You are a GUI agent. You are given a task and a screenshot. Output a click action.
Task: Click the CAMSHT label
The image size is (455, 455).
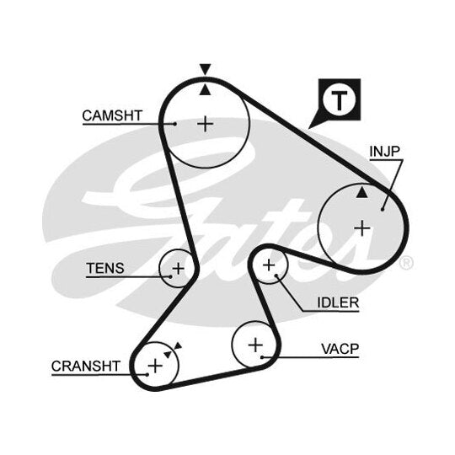point(112,115)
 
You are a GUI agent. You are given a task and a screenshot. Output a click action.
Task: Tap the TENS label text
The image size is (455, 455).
point(105,268)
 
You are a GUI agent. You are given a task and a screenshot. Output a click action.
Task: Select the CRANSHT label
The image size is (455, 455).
point(86,366)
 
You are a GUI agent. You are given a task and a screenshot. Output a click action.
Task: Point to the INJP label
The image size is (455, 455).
point(385,151)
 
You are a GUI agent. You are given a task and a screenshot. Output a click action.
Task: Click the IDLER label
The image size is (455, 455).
point(338,302)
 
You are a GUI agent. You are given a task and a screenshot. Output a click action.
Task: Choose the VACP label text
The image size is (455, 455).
point(340,349)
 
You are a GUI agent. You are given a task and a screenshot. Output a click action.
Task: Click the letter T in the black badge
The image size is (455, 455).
point(340,100)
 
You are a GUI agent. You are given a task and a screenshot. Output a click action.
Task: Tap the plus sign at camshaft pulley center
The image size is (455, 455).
point(206,124)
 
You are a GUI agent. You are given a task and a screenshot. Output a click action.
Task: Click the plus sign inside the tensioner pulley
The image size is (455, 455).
point(178,269)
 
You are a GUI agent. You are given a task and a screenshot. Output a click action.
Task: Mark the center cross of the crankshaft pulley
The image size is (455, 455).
point(155,366)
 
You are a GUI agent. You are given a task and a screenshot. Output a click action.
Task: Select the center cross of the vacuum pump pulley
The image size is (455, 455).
point(255,345)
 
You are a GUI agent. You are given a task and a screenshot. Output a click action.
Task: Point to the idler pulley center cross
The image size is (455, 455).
point(269,265)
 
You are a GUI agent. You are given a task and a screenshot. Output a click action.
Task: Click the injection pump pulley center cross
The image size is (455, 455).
point(362,228)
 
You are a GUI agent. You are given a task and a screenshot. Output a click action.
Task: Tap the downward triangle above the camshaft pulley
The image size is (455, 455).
point(205,69)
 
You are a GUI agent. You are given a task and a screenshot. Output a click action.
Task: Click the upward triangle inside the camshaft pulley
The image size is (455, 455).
point(205,89)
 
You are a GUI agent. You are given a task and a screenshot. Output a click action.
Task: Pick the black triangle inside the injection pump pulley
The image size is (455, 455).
point(361,192)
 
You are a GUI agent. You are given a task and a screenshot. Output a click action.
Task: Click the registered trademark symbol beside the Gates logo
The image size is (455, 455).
point(406,262)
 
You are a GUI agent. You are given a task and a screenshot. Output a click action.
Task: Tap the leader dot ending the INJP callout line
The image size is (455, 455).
point(383,209)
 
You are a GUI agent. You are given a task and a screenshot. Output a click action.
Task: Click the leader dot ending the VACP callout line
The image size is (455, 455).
point(262,357)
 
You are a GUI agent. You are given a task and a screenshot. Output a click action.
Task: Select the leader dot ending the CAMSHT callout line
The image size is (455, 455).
point(174,124)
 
